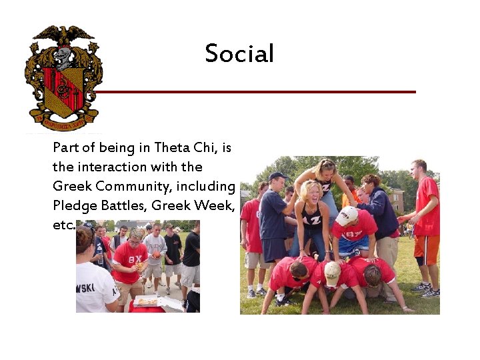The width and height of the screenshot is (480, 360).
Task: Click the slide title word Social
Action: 239,54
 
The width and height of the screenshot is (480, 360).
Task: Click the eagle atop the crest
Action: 64,35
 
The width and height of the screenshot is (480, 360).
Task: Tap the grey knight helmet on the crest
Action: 63,56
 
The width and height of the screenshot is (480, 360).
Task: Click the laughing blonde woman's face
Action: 311,194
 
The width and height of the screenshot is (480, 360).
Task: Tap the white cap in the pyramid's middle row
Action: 346,215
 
